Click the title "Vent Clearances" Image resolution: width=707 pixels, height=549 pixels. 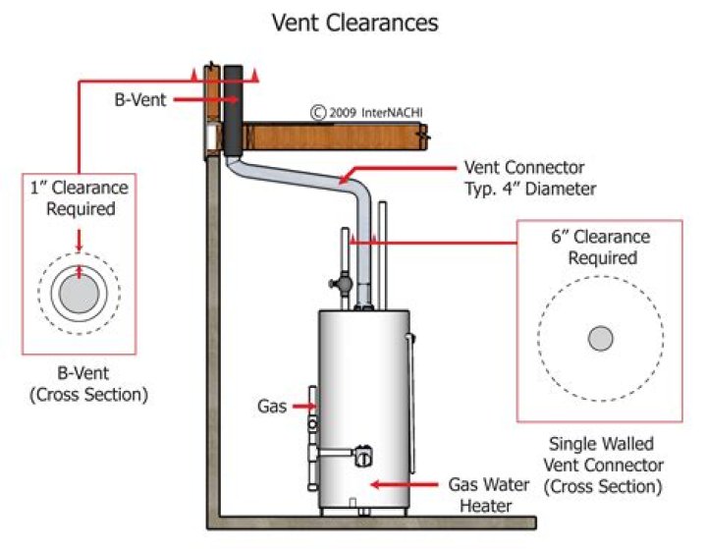coord(354,23)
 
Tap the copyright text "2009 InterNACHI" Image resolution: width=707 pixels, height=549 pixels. coord(376,112)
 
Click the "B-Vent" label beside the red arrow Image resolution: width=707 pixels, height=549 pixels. coord(140,100)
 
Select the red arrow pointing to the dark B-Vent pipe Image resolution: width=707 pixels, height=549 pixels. coord(205,100)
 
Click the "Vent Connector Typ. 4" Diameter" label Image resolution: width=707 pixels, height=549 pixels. coord(530,178)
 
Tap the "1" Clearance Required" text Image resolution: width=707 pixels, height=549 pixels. coord(80,198)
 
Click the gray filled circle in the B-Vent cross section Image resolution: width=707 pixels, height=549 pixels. coord(79,294)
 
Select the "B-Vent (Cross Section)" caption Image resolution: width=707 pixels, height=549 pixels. coord(88,384)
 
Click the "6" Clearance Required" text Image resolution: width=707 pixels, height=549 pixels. coord(601,247)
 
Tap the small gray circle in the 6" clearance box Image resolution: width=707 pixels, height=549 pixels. coord(601,338)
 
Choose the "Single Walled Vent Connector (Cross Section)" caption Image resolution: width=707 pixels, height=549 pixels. coord(602,466)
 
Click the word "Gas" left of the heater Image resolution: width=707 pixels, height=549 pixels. coord(272,406)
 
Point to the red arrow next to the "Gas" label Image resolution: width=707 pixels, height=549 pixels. coord(304,406)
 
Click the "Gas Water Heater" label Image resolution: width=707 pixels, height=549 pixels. coord(489,495)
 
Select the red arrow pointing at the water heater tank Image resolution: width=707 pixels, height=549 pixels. coord(404,485)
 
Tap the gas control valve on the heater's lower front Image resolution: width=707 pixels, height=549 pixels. coord(363,456)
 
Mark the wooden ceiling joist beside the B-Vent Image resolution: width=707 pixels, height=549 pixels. coord(334,137)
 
